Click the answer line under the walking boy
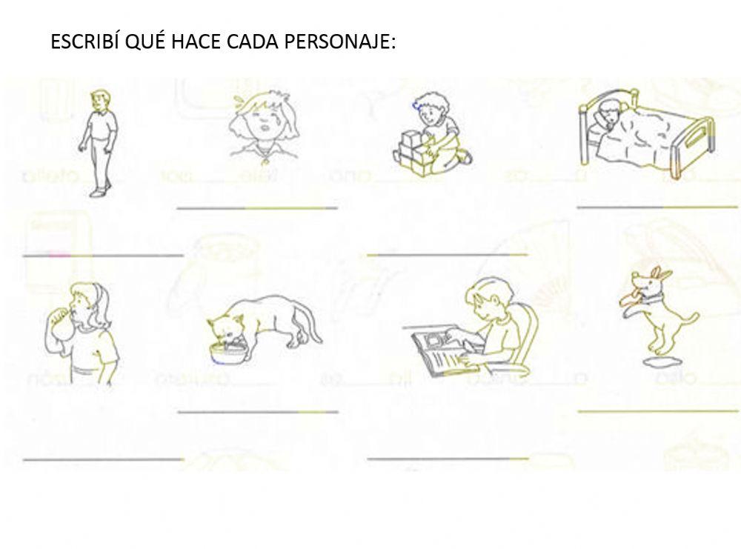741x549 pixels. coord(103,255)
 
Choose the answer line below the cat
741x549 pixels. coord(258,410)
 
